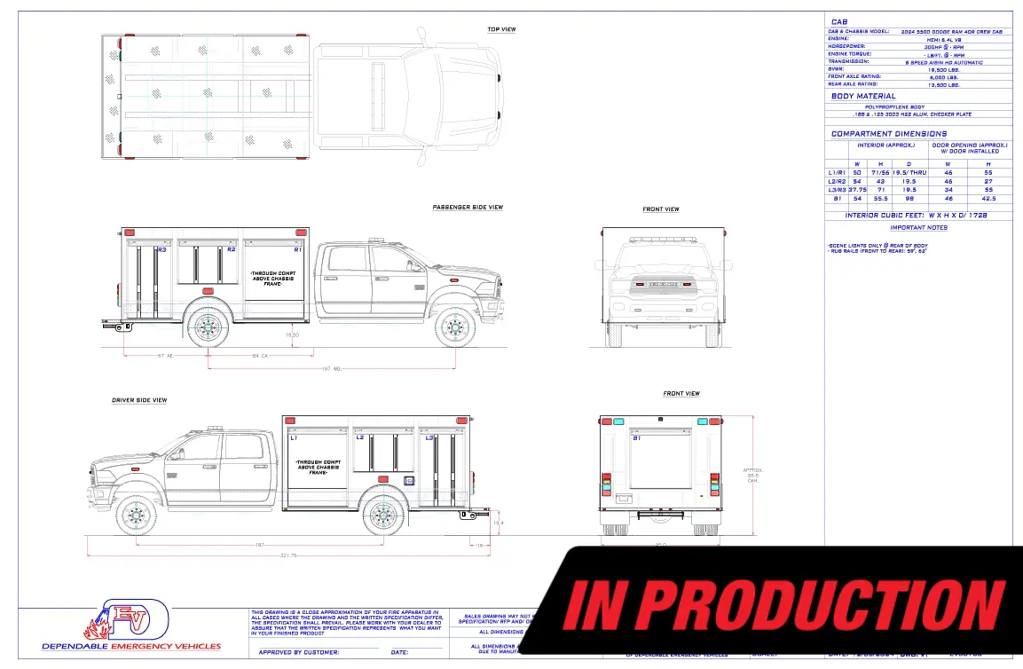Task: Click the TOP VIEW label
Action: (501, 29)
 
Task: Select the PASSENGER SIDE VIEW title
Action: (468, 208)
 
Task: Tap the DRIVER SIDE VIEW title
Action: (139, 400)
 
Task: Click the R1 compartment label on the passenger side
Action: (298, 250)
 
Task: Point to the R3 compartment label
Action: (161, 250)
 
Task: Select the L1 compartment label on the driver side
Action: (294, 437)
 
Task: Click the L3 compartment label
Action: (429, 437)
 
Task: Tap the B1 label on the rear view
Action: (636, 437)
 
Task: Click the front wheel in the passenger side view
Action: (455, 327)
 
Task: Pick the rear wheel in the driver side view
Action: (384, 515)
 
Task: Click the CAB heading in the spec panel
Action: (838, 21)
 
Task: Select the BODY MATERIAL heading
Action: (863, 96)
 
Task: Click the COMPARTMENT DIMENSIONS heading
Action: (888, 134)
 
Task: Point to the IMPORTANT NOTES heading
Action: (918, 228)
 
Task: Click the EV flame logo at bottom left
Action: (126, 619)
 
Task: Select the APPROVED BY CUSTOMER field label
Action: (298, 652)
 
